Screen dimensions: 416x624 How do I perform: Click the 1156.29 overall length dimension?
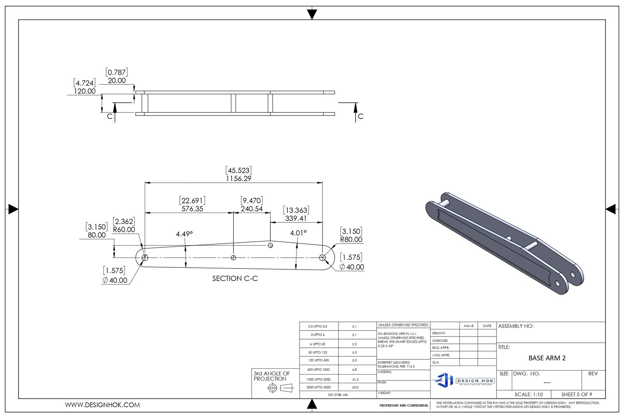(x=239, y=179)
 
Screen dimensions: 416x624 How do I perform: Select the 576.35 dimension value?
(x=192, y=209)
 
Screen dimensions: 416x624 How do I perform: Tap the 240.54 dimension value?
(x=252, y=209)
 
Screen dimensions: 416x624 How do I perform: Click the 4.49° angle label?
(x=184, y=234)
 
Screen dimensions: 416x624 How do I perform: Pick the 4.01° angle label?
(x=298, y=233)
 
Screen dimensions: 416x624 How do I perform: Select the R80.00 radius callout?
(x=351, y=240)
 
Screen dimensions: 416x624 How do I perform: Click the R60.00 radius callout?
(x=124, y=230)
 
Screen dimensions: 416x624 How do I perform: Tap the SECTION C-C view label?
(x=235, y=279)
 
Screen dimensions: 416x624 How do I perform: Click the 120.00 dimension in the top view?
(x=85, y=91)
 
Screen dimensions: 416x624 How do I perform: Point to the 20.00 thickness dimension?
(x=117, y=81)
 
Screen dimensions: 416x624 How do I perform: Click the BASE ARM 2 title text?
(x=547, y=358)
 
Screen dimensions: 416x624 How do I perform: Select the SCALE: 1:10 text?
(x=528, y=395)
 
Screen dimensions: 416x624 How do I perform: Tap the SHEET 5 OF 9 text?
(x=576, y=395)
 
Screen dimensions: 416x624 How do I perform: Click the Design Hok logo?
(x=463, y=380)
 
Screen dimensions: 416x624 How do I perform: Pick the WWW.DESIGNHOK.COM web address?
(x=102, y=405)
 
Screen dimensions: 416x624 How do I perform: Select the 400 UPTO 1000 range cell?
(x=318, y=370)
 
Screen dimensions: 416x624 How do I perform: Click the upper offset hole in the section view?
(x=270, y=245)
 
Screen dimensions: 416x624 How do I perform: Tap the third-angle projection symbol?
(x=280, y=388)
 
